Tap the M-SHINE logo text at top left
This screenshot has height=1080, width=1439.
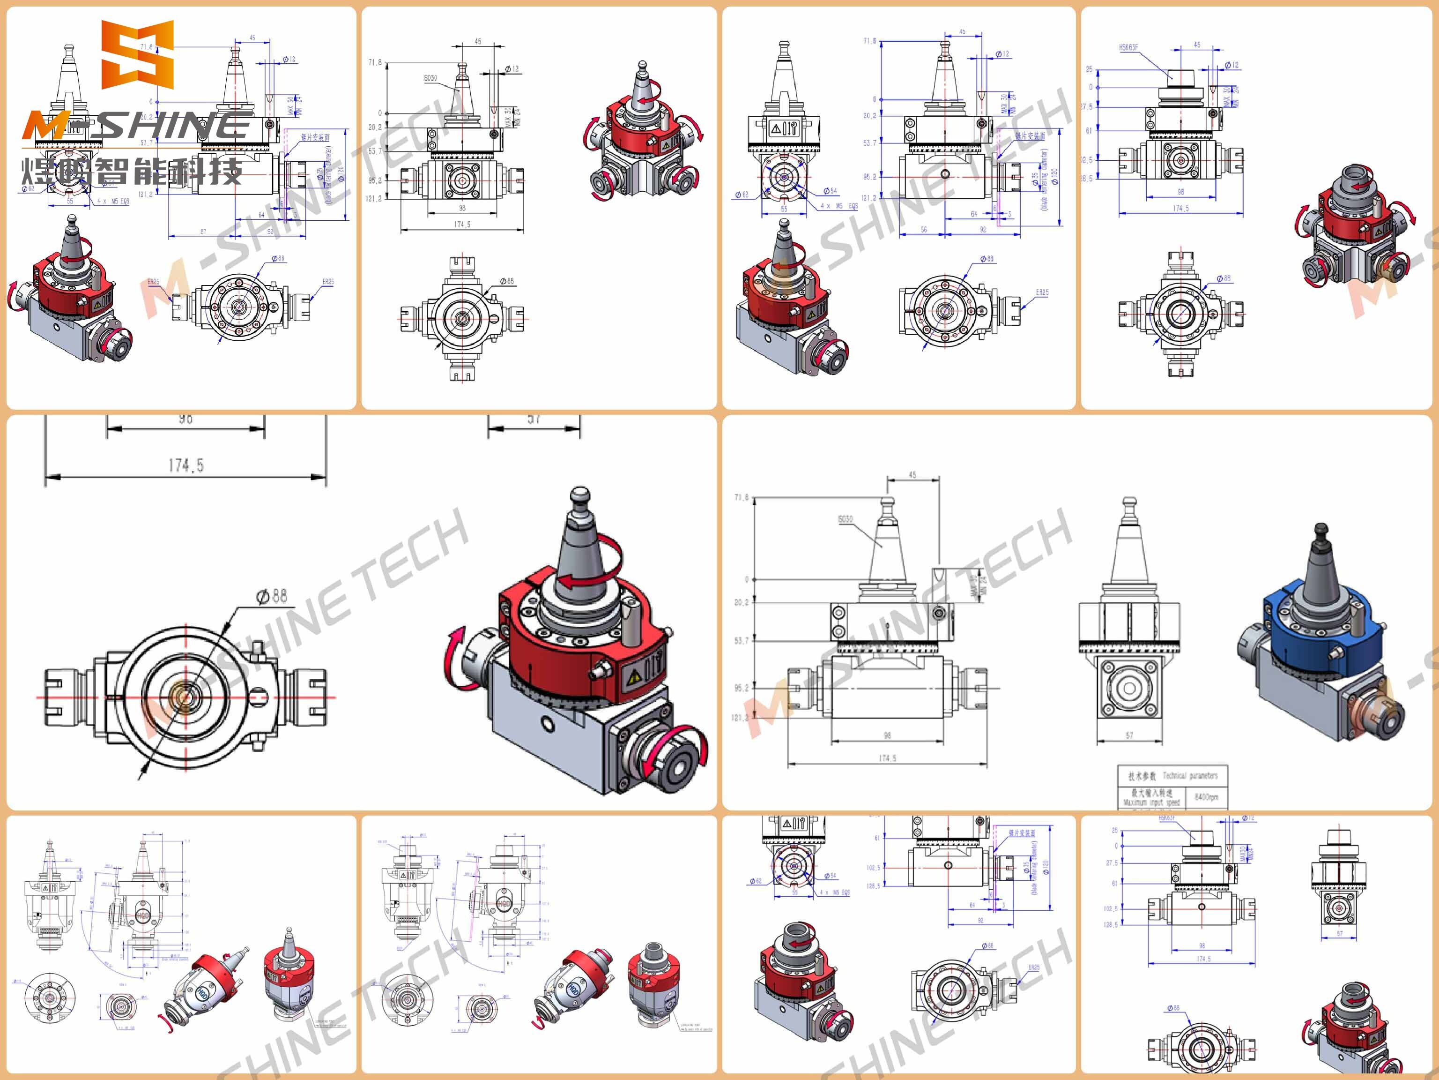click(x=137, y=126)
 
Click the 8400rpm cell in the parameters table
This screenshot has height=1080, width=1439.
click(x=1206, y=797)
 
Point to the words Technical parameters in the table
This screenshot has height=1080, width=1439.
click(x=1190, y=775)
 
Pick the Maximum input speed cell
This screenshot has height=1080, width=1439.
click(x=1151, y=797)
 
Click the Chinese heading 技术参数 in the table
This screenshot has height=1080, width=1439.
click(x=1142, y=775)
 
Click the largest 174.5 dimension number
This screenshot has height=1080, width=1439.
click(x=185, y=465)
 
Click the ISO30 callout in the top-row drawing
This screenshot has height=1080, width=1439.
click(x=430, y=78)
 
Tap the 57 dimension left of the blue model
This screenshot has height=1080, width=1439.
click(x=1129, y=735)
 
